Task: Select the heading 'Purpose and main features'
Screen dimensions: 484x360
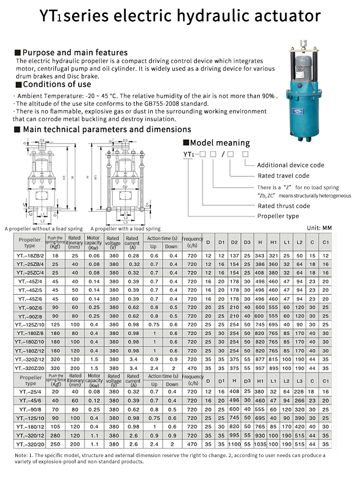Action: click(x=75, y=52)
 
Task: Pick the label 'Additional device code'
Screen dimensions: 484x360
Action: click(x=290, y=165)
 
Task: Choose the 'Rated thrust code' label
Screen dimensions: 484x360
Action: click(x=284, y=206)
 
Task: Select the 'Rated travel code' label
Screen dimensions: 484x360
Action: click(x=283, y=176)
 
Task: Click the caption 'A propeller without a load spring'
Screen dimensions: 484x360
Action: click(x=44, y=229)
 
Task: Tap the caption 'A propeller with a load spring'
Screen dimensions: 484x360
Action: click(x=125, y=229)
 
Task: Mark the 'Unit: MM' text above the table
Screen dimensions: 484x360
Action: click(x=319, y=228)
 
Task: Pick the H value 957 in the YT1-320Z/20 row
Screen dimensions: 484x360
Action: click(x=260, y=368)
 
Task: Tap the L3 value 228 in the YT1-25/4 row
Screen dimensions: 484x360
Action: click(x=299, y=391)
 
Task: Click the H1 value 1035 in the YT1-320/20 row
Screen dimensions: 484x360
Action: click(x=260, y=444)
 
